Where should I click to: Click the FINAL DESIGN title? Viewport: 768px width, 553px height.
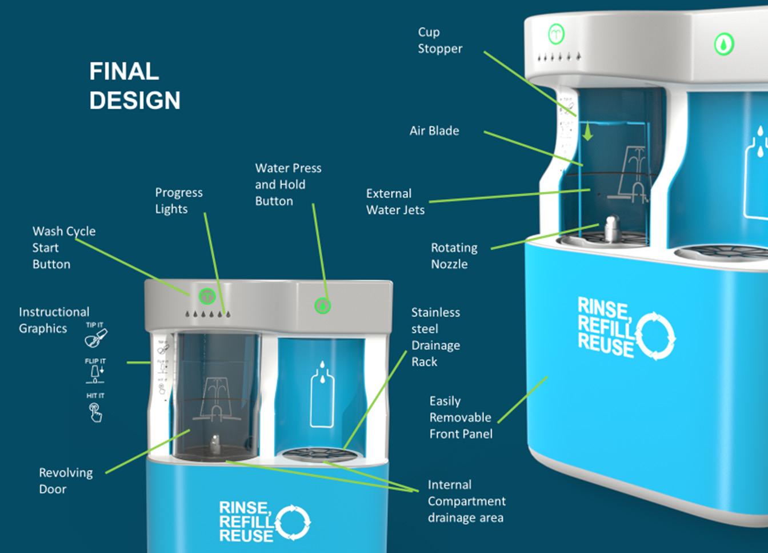[135, 86]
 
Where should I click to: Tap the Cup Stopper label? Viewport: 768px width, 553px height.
[439, 41]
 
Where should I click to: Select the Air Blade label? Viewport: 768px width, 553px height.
[434, 131]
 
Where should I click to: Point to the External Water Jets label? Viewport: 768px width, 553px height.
[395, 202]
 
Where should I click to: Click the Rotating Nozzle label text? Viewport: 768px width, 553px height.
[454, 256]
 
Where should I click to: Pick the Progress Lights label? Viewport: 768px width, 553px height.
[178, 201]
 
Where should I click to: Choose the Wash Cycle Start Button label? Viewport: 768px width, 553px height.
[63, 248]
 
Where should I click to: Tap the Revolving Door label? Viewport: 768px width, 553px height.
[65, 481]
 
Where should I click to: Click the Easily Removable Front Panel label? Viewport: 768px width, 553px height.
[460, 417]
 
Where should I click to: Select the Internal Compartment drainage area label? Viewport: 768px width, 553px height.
[466, 502]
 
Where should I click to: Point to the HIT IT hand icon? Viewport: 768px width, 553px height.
[95, 411]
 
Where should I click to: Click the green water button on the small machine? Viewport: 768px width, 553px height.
[323, 306]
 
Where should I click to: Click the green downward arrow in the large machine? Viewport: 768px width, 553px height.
[586, 132]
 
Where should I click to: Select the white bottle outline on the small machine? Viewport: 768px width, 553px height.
[321, 395]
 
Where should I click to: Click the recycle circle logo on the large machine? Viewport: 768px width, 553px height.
[655, 336]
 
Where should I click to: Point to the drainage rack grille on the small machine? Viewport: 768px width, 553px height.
[312, 455]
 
